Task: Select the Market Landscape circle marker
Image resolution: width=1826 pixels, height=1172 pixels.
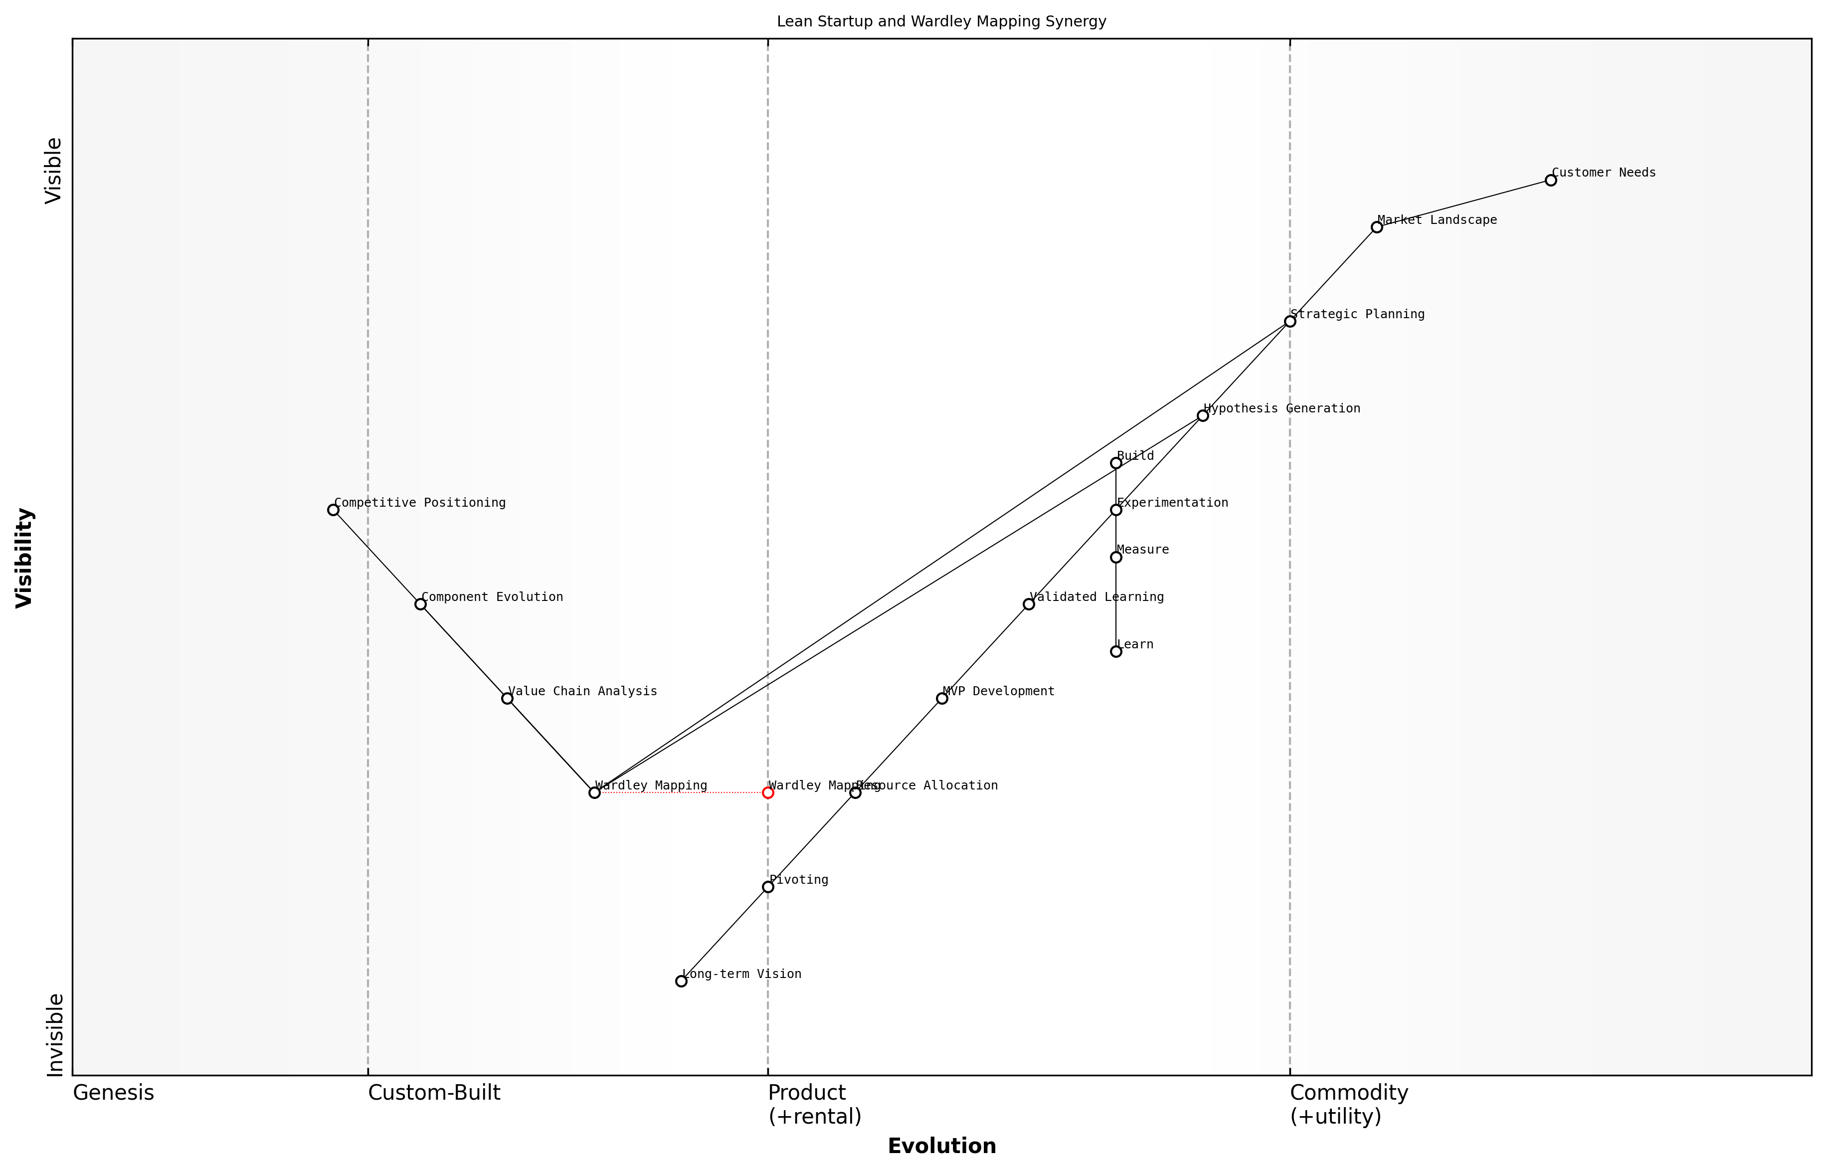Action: tap(1376, 227)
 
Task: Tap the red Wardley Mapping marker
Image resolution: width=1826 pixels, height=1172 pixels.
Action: tap(768, 792)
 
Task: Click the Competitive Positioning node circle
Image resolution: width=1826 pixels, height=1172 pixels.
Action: tap(333, 510)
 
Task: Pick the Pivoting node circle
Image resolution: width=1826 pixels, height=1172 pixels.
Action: tap(768, 887)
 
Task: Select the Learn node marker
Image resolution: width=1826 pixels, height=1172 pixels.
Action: tap(1115, 651)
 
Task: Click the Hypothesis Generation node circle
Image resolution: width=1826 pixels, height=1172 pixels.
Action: tap(1203, 415)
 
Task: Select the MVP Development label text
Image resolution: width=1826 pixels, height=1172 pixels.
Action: tap(998, 691)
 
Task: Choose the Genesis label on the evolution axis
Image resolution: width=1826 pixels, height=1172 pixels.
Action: tap(113, 1093)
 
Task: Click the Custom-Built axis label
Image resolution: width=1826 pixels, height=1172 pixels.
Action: tap(434, 1093)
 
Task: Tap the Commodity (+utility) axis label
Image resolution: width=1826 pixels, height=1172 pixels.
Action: tap(1348, 1104)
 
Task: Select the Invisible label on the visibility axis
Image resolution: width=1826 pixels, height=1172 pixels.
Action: tap(55, 1034)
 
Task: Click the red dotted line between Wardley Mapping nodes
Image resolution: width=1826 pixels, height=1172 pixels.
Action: tap(681, 792)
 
